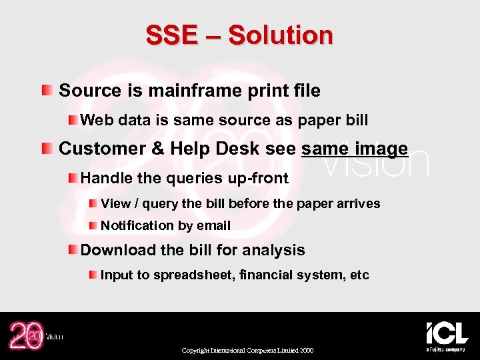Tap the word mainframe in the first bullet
point(170,91)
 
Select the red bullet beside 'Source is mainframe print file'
point(45,90)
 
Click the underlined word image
point(381,148)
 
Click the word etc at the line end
point(359,275)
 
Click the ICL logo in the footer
point(446,334)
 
